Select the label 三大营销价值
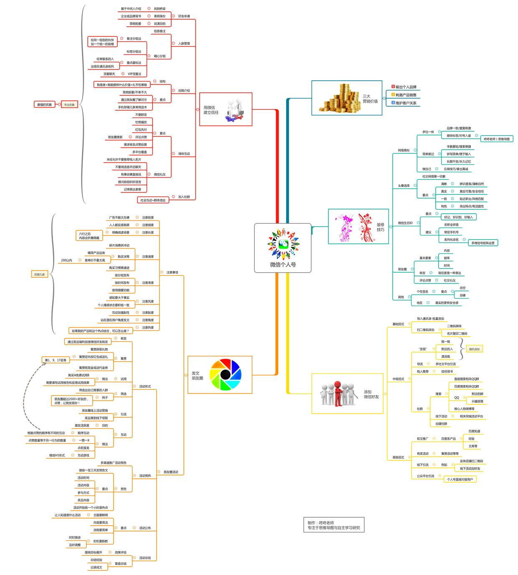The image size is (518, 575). (370, 99)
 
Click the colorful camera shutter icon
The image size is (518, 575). (225, 375)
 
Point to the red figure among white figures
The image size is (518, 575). (338, 393)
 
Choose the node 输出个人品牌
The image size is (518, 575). (406, 87)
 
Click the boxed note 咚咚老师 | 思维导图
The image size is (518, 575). (496, 139)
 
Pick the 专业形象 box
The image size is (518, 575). (69, 105)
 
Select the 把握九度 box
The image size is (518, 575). (39, 274)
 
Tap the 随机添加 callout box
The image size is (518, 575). (474, 349)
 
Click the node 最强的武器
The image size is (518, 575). (44, 105)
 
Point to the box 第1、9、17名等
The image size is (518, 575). (56, 360)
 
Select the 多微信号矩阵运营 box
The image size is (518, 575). (482, 243)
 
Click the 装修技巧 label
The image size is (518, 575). (380, 227)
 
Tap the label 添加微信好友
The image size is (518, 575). (371, 394)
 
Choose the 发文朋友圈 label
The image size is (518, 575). (197, 376)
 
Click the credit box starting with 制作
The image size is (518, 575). (333, 525)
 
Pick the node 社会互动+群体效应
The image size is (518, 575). (153, 200)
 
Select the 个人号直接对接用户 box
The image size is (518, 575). (460, 479)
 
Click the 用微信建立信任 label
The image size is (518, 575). (211, 110)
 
